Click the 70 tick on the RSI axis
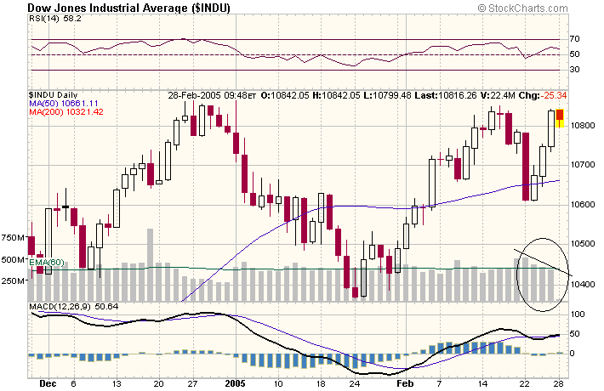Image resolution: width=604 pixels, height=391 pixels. (x=575, y=39)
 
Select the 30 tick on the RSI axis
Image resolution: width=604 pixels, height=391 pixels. (x=575, y=70)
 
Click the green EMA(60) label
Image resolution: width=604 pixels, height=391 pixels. (x=47, y=263)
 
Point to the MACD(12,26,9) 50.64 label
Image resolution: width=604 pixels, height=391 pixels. (x=73, y=306)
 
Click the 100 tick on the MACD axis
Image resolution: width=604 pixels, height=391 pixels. (x=578, y=314)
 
